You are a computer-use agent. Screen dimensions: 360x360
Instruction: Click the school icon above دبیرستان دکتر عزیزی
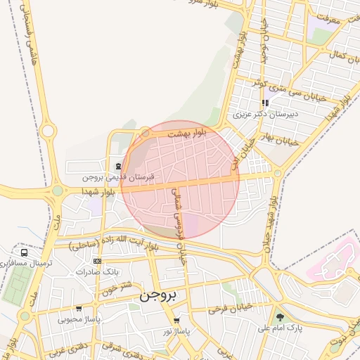tap(265, 103)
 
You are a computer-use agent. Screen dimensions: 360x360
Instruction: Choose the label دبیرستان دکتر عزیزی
tap(266, 112)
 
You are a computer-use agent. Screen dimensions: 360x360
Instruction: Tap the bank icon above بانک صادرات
tap(97, 262)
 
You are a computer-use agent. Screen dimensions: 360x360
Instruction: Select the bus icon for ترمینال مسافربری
tap(25, 252)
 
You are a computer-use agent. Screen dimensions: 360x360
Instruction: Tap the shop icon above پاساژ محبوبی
tap(79, 309)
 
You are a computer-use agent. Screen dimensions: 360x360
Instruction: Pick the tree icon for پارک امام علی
tap(279, 317)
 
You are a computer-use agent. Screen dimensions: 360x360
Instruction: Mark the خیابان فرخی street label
tap(229, 307)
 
